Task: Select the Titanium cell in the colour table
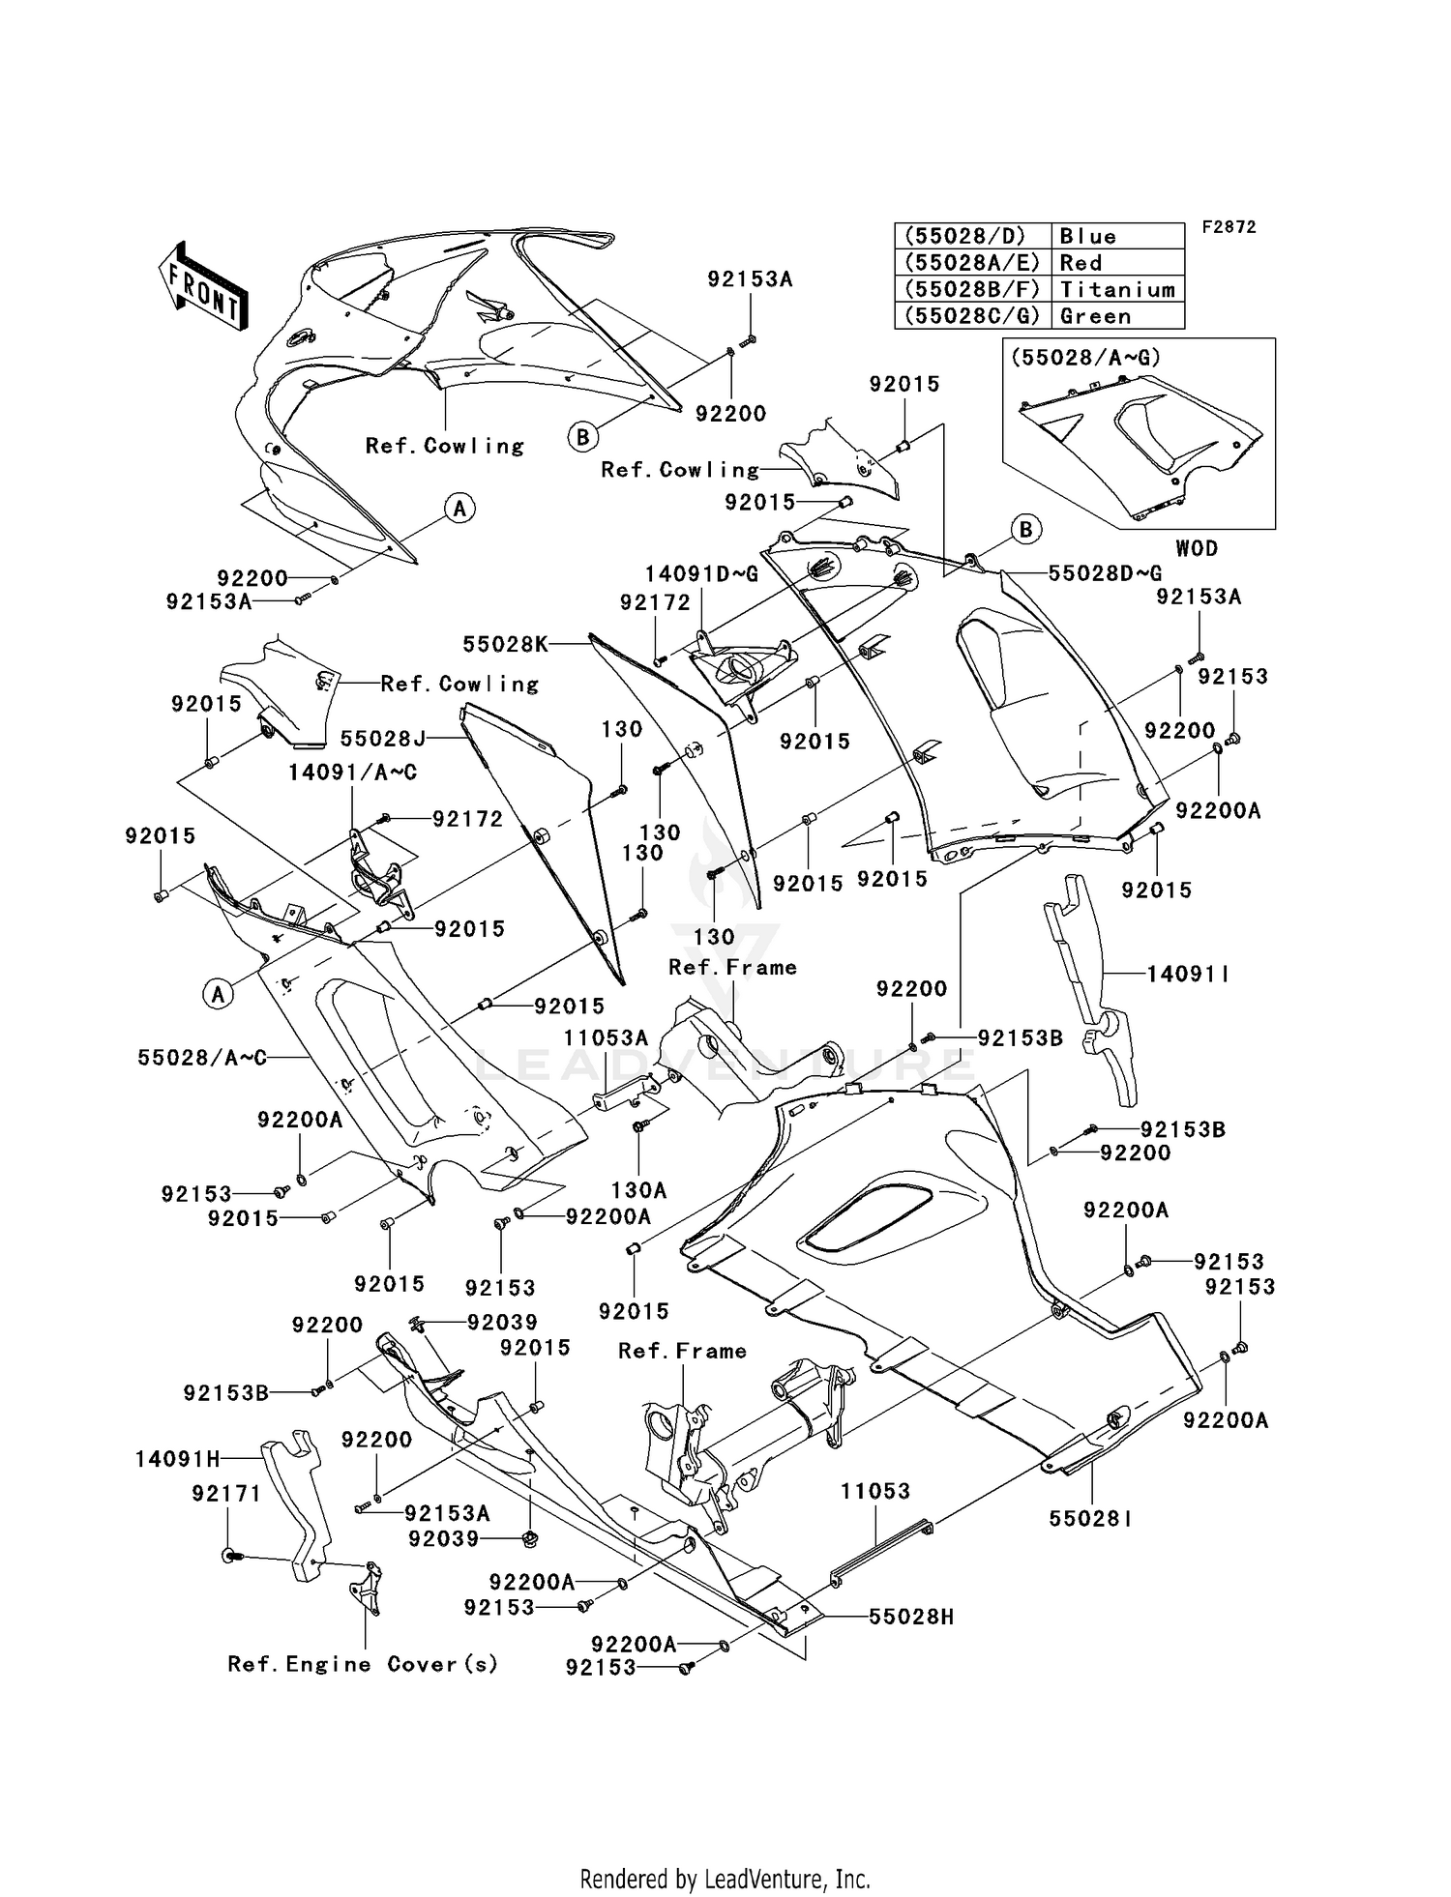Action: coord(1116,289)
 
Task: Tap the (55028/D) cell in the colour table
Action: coord(971,236)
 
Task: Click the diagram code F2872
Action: coord(1229,227)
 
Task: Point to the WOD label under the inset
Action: coord(1196,548)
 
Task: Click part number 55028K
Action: coord(505,644)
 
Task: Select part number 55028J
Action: coord(382,739)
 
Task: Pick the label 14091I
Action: coord(1188,974)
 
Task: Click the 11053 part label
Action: coord(874,1492)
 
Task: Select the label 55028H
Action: coord(910,1616)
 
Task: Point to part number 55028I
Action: coord(1090,1519)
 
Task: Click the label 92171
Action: coord(226,1494)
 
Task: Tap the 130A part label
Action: coord(638,1190)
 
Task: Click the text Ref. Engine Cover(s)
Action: coord(363,1664)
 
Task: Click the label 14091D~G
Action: coord(701,574)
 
